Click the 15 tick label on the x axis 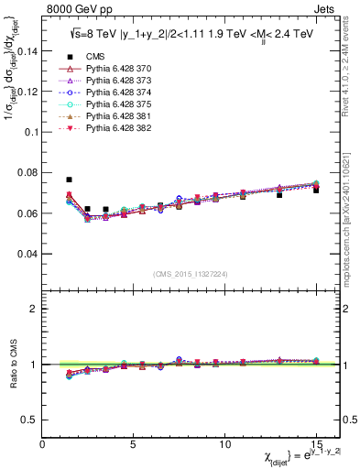315,444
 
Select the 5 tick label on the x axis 134,444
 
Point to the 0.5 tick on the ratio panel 32,420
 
